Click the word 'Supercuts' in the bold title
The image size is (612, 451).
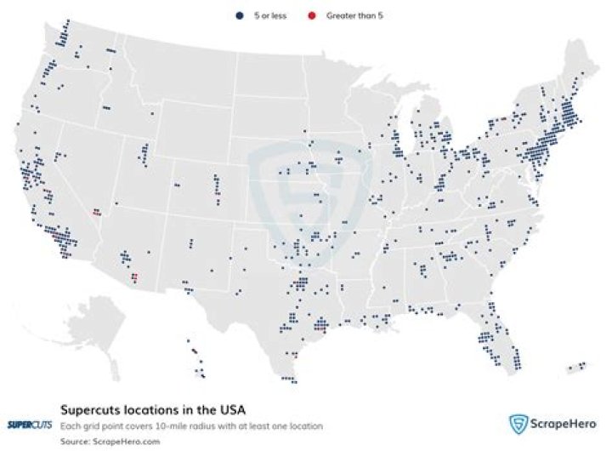(x=90, y=408)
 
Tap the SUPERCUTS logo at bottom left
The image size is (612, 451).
(x=29, y=425)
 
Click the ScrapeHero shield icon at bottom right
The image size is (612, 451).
(x=518, y=425)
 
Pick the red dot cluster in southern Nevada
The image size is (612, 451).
(x=97, y=210)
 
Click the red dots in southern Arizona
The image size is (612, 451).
(x=134, y=276)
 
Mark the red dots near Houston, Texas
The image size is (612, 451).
(x=320, y=324)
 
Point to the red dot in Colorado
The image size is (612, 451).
(x=218, y=195)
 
